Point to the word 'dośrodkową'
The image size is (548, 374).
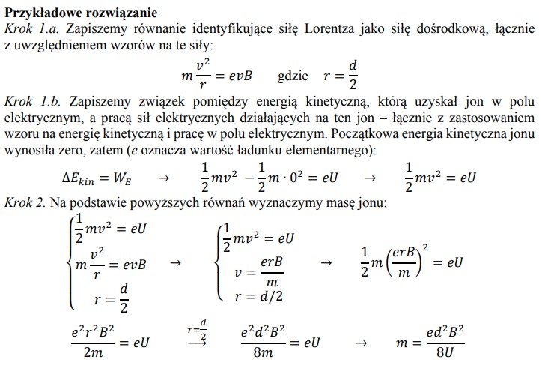tap(448, 28)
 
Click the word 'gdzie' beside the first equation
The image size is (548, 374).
tap(293, 76)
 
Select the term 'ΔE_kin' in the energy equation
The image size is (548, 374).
tap(84, 179)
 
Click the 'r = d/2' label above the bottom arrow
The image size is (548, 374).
tap(198, 327)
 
